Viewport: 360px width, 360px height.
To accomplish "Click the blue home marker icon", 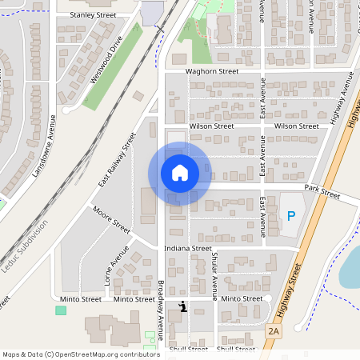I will click(x=180, y=173).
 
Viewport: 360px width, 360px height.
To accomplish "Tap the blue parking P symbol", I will click(x=291, y=216).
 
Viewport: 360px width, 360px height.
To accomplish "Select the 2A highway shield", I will click(x=274, y=330).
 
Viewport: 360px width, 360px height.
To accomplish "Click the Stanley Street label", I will click(x=93, y=15).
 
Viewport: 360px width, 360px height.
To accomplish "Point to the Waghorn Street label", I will click(x=212, y=71).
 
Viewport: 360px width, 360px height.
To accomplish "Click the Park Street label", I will click(x=322, y=194).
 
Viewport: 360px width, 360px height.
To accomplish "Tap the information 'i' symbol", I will click(x=184, y=306).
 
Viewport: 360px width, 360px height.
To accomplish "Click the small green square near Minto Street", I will click(x=61, y=310).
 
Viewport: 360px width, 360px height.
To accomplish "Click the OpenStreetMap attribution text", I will click(x=81, y=354).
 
